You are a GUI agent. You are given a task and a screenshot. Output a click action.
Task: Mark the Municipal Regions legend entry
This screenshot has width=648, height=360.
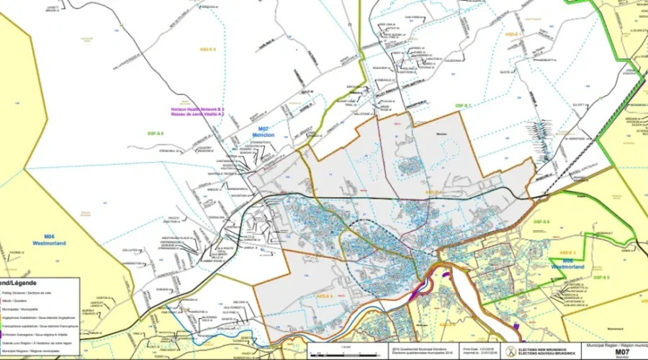tap(32, 348)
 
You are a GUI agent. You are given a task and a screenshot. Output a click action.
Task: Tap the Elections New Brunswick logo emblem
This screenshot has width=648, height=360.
tap(510, 351)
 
